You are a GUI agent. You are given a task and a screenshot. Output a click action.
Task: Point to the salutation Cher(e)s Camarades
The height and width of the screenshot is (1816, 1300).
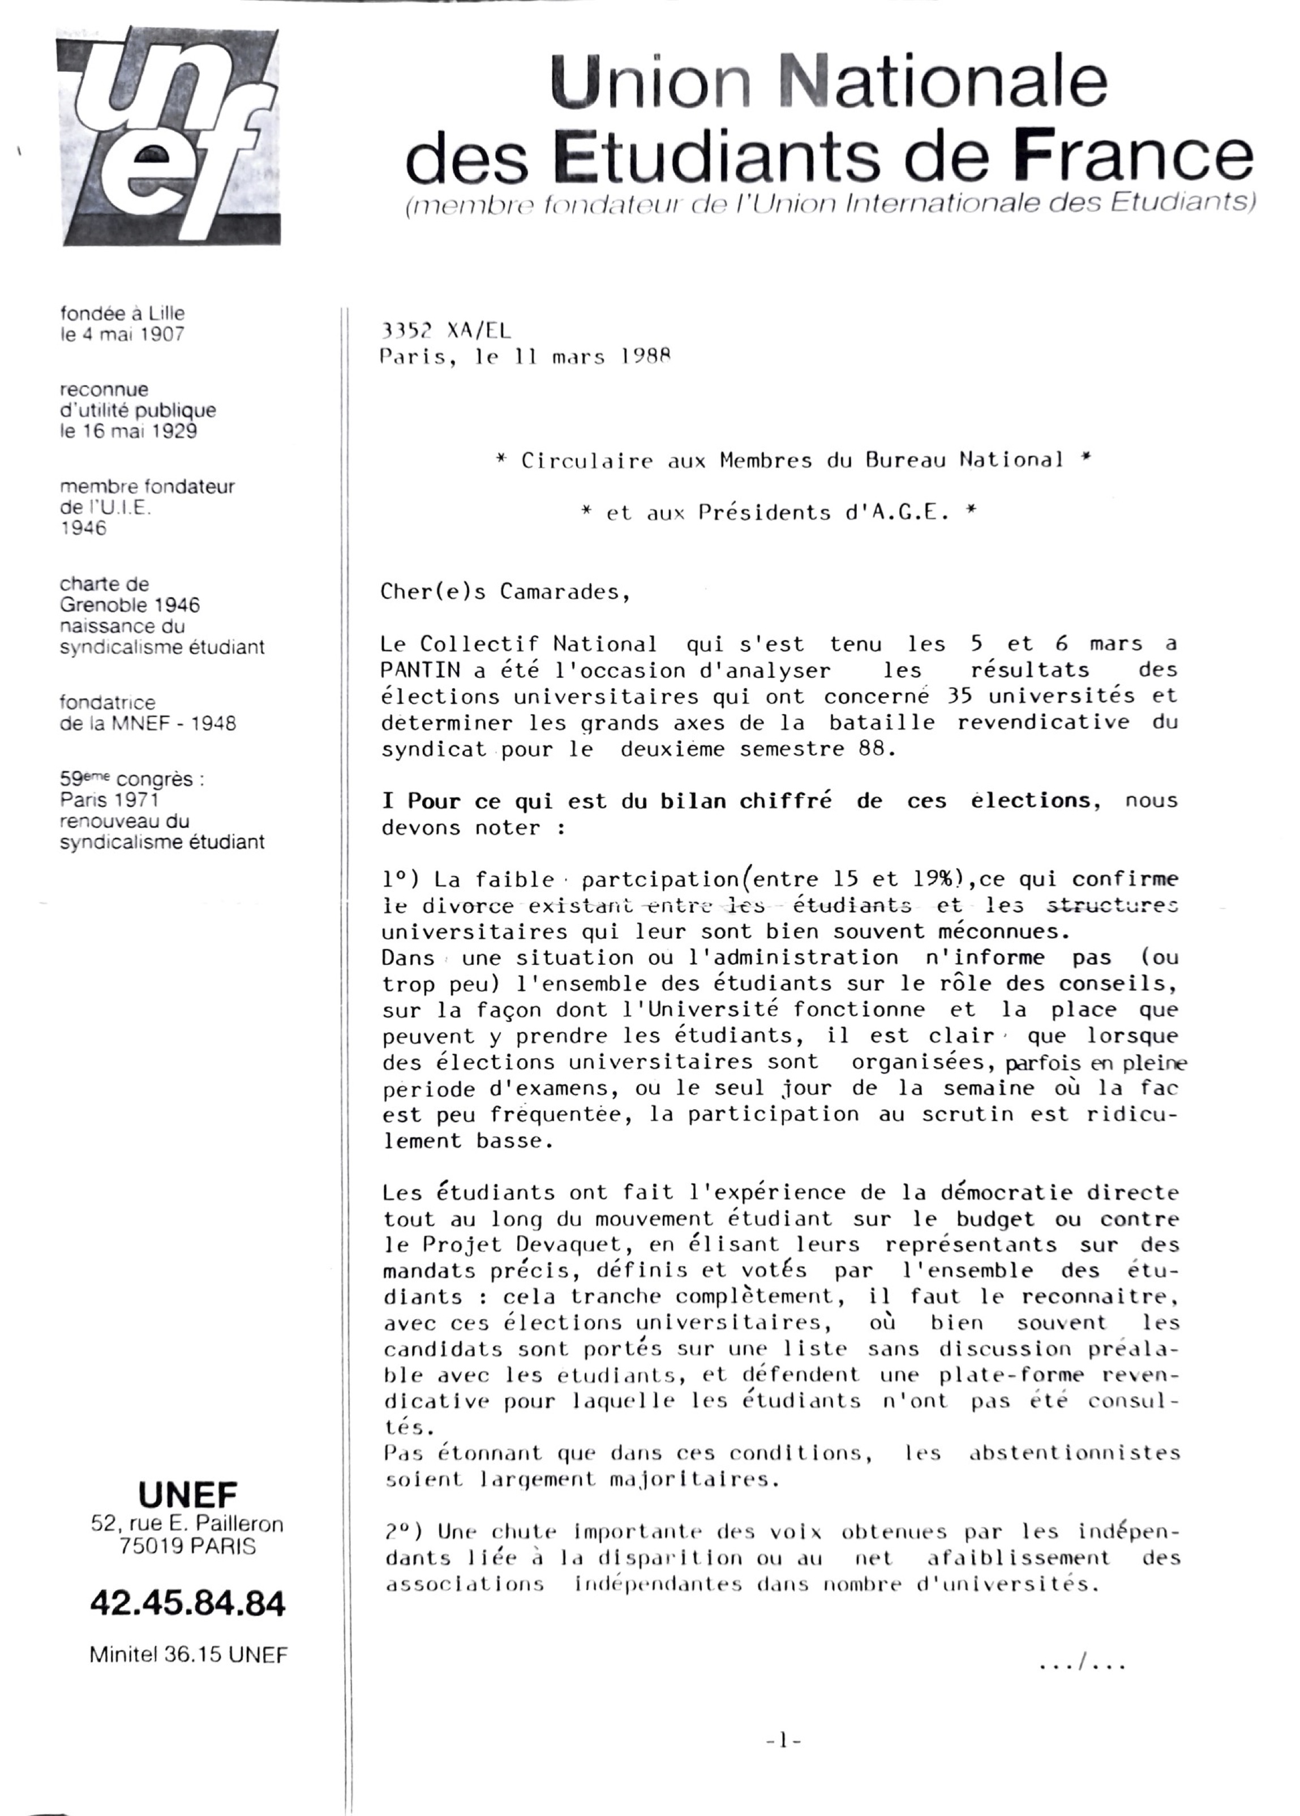click(x=505, y=593)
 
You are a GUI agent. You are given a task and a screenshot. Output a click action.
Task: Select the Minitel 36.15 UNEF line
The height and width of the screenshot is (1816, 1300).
click(x=188, y=1655)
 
